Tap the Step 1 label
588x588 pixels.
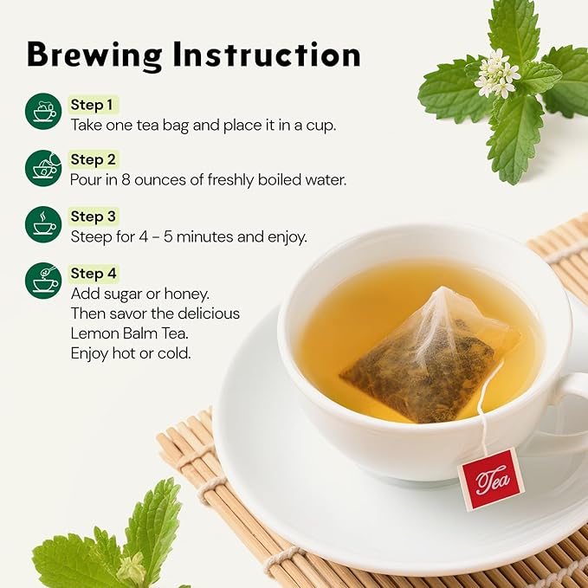[x=92, y=105]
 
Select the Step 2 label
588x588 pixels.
[x=93, y=159]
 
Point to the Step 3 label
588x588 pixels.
[x=93, y=216]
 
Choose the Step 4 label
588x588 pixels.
[x=93, y=274]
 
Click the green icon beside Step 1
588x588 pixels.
[x=43, y=112]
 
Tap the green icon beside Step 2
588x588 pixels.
[x=43, y=167]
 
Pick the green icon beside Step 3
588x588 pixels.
[x=43, y=224]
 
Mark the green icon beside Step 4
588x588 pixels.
[x=43, y=281]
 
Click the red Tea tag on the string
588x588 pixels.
[x=490, y=479]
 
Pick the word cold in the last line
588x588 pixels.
[x=176, y=353]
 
